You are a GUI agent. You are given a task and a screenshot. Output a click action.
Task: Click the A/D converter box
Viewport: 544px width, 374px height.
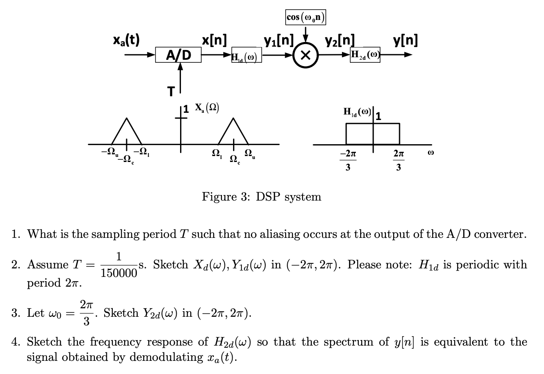click(178, 55)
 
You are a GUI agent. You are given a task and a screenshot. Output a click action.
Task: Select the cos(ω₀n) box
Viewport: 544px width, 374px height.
click(305, 17)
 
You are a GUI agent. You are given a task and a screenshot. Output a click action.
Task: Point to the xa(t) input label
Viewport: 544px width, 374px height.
click(127, 40)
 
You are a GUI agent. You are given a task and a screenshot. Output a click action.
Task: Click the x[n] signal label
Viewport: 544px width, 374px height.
click(214, 40)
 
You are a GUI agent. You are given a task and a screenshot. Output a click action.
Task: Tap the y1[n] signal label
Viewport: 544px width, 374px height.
click(278, 40)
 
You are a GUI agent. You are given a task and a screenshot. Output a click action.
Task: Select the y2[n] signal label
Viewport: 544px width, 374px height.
click(340, 40)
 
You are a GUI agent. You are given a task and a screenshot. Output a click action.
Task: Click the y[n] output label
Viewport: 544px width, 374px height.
click(405, 40)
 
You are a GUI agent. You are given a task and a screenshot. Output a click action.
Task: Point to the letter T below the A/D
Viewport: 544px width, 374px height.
click(170, 92)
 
